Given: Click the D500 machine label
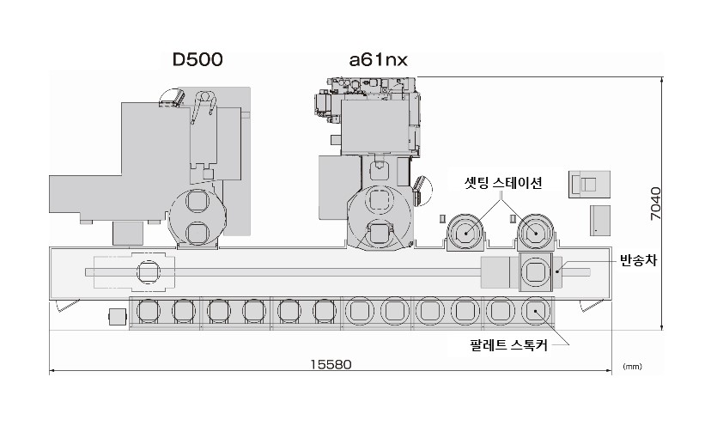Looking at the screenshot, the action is pyautogui.click(x=197, y=59).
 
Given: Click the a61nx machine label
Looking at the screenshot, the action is pyautogui.click(x=378, y=59).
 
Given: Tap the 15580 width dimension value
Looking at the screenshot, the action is pyautogui.click(x=331, y=364).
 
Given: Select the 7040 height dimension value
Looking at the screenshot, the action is pyautogui.click(x=656, y=204).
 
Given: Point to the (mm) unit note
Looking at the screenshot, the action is pyautogui.click(x=632, y=367).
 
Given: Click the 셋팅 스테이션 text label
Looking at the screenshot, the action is pyautogui.click(x=503, y=183).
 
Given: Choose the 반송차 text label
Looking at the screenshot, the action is pyautogui.click(x=639, y=260).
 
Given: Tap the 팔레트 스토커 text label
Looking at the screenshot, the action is pyautogui.click(x=508, y=345).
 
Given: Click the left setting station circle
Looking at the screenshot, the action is pyautogui.click(x=465, y=234).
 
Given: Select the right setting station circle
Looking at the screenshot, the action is pyautogui.click(x=536, y=233).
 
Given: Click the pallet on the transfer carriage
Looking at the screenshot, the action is pyautogui.click(x=536, y=272).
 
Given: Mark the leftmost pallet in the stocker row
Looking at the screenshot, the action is pyautogui.click(x=149, y=311).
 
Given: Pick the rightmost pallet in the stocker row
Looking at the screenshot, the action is pyautogui.click(x=536, y=311).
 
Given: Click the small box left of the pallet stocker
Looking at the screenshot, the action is pyautogui.click(x=118, y=316).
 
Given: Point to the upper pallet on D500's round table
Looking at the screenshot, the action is pyautogui.click(x=197, y=201).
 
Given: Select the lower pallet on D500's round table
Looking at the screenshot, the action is pyautogui.click(x=197, y=232).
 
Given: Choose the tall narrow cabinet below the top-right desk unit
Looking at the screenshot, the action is pyautogui.click(x=600, y=221).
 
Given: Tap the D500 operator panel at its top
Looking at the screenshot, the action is pyautogui.click(x=172, y=98).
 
